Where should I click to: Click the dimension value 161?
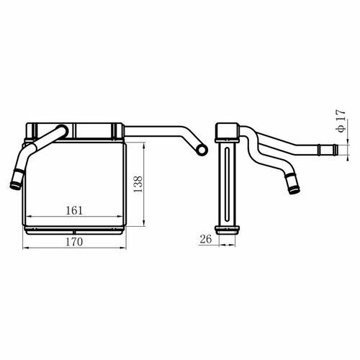pos(74,210)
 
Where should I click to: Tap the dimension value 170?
pos(74,242)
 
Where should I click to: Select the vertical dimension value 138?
pos(138,184)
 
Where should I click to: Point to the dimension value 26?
pos(206,239)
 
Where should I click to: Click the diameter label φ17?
pos(341,121)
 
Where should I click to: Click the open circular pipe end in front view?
pos(202,150)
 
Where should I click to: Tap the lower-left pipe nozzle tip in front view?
pos(15,186)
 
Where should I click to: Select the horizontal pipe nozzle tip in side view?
pos(336,149)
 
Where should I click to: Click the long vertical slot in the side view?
pos(228,184)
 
